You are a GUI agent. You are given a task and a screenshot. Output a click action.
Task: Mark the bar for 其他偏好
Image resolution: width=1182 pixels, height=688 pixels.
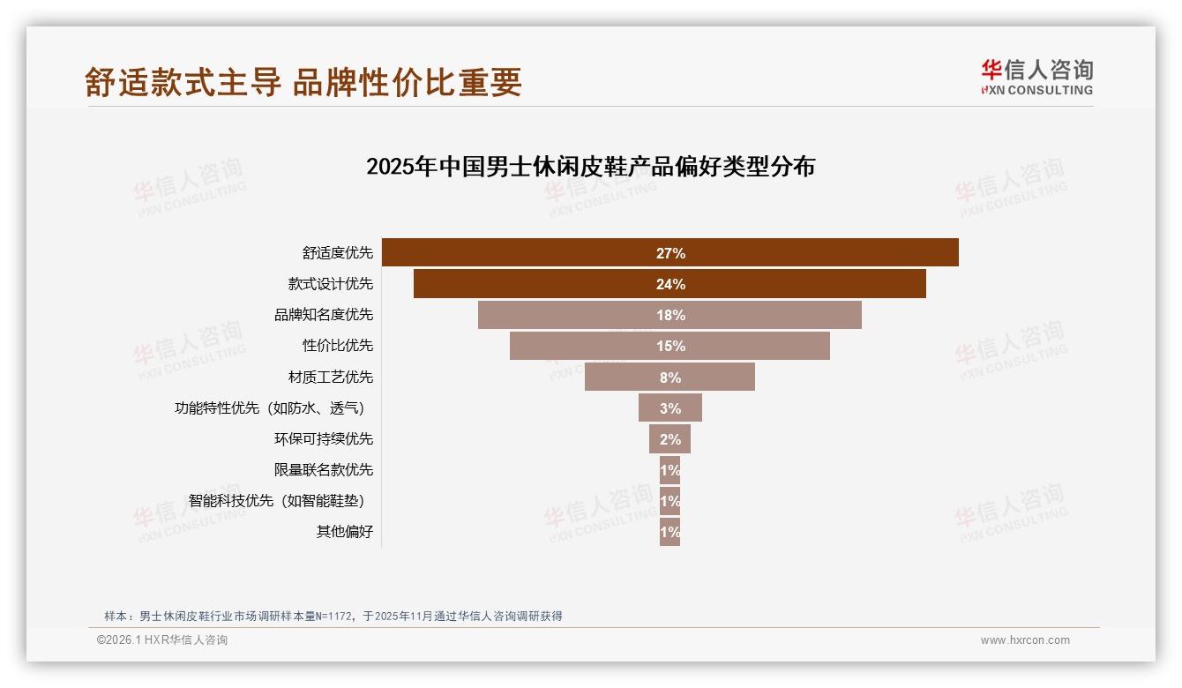pos(670,532)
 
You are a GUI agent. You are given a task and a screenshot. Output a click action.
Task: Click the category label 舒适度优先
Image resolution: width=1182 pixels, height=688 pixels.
pos(338,253)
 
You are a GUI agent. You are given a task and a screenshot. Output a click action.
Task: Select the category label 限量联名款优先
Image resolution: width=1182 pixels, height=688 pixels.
pos(324,470)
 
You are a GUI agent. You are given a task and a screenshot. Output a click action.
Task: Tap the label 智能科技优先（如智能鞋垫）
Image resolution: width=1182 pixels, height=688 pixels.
pos(277,501)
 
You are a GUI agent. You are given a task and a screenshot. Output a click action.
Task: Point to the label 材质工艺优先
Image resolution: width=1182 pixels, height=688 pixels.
pos(331,378)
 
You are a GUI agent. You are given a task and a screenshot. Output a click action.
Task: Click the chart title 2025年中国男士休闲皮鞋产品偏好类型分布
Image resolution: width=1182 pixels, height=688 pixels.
pos(590,167)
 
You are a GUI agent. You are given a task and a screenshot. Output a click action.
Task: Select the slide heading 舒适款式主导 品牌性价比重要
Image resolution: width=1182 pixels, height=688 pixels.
pos(303,82)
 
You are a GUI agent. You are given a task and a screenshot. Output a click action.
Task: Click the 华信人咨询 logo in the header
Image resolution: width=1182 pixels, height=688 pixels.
pos(1037,77)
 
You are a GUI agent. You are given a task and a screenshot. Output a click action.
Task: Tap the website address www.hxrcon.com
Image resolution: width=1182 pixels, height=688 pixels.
pos(1025,640)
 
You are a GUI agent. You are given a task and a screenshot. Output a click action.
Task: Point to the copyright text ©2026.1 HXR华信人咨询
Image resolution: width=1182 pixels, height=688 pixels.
pos(162,640)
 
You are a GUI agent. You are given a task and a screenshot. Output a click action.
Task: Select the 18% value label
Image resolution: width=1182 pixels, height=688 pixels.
pos(670,315)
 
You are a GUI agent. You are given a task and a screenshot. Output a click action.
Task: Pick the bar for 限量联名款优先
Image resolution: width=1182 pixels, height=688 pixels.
pos(670,470)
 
